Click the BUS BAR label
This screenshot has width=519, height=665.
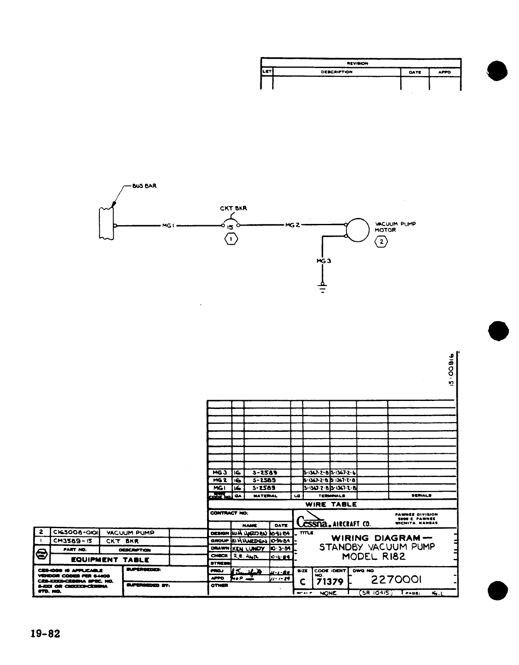pyautogui.click(x=144, y=186)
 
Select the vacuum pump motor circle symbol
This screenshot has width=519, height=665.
pyautogui.click(x=358, y=230)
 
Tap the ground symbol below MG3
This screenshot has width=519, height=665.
pyautogui.click(x=322, y=288)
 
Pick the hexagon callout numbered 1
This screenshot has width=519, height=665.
pyautogui.click(x=231, y=240)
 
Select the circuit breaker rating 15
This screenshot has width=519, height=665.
pyautogui.click(x=230, y=227)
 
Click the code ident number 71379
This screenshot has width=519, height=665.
pyautogui.click(x=330, y=582)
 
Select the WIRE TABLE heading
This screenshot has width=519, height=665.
pyautogui.click(x=331, y=504)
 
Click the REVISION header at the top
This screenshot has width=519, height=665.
pyautogui.click(x=357, y=63)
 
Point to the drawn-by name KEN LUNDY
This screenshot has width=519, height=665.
pyautogui.click(x=249, y=548)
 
